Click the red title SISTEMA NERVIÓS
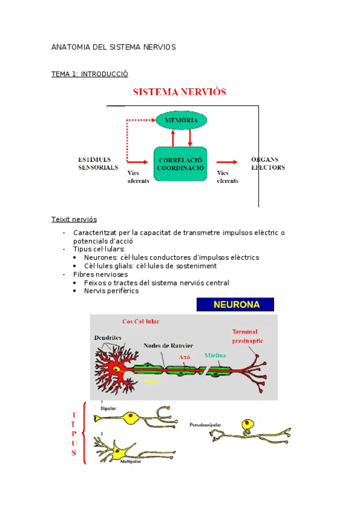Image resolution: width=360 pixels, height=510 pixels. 178,92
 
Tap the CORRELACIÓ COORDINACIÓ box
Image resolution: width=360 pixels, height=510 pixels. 180,164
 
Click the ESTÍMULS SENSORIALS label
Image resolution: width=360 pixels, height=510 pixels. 98,163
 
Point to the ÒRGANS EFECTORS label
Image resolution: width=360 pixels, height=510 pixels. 267,163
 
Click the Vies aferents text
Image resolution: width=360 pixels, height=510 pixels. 139,177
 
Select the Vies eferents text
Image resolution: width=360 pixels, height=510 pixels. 228,177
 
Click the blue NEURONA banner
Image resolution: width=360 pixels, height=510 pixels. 235,304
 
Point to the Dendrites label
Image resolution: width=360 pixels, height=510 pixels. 109,338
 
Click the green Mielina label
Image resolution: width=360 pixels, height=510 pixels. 215,355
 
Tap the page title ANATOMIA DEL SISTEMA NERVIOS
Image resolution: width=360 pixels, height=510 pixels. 114,46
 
